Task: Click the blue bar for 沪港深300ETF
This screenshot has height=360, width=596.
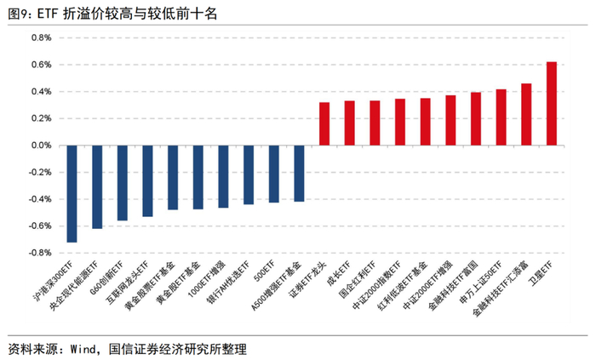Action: [72, 193]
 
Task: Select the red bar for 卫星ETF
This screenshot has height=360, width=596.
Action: [551, 103]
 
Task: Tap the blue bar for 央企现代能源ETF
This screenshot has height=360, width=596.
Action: [97, 186]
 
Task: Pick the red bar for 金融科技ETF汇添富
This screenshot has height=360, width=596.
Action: [526, 114]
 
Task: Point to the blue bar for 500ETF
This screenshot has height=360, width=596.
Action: [273, 174]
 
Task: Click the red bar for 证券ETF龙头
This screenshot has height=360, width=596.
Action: [324, 123]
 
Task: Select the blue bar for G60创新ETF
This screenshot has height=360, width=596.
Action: [122, 182]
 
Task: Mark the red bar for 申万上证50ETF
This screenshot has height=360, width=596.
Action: [501, 117]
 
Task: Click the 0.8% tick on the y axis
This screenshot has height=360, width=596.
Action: [42, 37]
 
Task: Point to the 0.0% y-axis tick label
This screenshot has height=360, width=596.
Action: [42, 146]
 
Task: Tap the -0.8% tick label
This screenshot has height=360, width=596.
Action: [40, 253]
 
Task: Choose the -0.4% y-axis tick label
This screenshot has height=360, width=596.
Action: [40, 199]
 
